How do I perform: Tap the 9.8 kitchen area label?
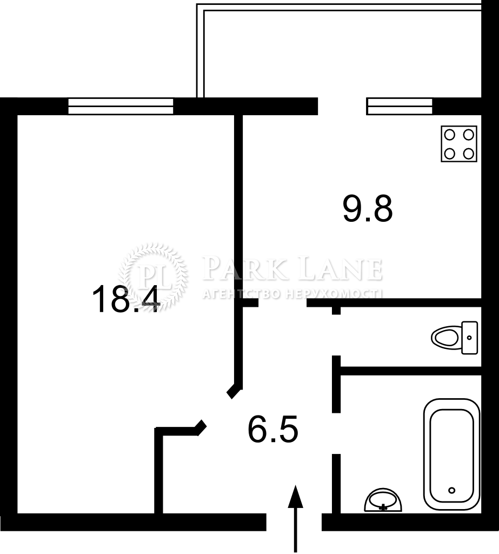[368, 209]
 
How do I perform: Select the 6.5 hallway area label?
[273, 429]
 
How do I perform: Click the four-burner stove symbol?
[459, 144]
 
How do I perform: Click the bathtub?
[452, 454]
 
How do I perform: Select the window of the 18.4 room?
[121, 107]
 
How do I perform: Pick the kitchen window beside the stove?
[400, 107]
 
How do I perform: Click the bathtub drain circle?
[451, 490]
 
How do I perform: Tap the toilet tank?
[470, 338]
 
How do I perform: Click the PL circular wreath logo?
[152, 278]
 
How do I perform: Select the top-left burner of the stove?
[450, 135]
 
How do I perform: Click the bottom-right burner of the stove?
[468, 154]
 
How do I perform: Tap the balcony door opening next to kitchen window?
[342, 107]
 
